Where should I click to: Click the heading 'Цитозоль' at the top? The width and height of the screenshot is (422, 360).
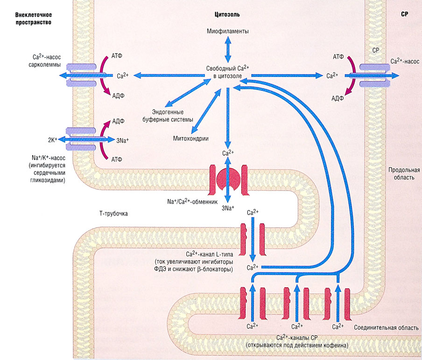pyautogui.click(x=228, y=14)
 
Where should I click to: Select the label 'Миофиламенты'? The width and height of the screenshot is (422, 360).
pyautogui.click(x=228, y=31)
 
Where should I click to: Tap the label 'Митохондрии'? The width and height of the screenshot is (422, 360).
pyautogui.click(x=190, y=138)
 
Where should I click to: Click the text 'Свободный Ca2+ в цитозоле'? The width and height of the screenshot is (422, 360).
pyautogui.click(x=227, y=71)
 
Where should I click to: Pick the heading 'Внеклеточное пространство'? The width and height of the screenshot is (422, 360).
pyautogui.click(x=33, y=18)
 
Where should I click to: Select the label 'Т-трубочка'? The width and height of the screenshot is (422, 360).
pyautogui.click(x=114, y=214)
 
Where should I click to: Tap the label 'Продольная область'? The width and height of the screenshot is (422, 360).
pyautogui.click(x=404, y=173)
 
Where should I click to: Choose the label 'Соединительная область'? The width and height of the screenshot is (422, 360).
pyautogui.click(x=387, y=328)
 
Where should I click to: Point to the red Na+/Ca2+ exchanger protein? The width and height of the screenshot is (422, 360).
pyautogui.click(x=228, y=179)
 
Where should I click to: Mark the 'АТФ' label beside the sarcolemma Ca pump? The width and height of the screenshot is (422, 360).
pyautogui.click(x=118, y=56)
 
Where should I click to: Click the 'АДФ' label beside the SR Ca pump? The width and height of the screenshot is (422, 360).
pyautogui.click(x=338, y=98)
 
